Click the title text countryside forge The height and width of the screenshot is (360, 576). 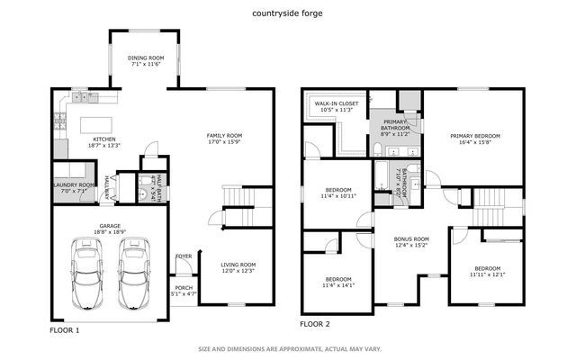click(288, 13)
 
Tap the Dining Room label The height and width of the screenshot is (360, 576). click(144, 58)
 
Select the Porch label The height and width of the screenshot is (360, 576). click(184, 288)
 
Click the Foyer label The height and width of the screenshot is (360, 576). click(184, 256)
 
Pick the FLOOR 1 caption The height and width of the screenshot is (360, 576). click(64, 330)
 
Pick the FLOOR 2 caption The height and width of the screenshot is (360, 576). click(315, 323)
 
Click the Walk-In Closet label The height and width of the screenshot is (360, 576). click(336, 103)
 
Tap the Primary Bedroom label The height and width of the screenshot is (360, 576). click(474, 135)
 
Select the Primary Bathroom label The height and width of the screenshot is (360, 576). click(396, 125)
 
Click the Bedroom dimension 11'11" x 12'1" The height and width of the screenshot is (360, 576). click(487, 274)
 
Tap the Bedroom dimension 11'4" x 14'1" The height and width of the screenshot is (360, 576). click(339, 285)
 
